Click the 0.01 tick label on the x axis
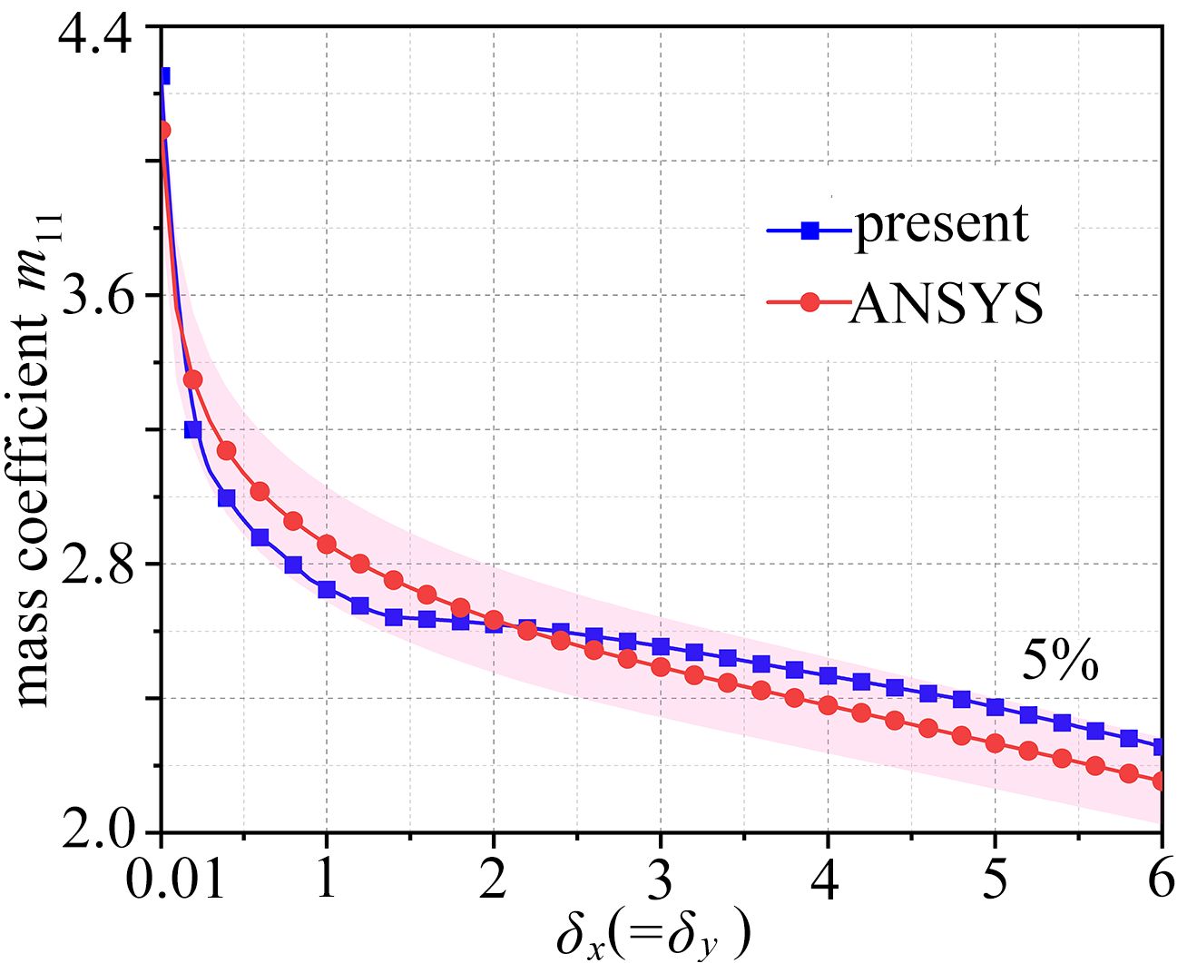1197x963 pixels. [174, 878]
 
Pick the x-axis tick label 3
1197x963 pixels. [661, 878]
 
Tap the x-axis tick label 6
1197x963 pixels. [1161, 878]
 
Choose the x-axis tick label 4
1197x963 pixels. [828, 878]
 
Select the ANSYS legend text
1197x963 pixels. [947, 304]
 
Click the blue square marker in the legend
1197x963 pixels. [810, 231]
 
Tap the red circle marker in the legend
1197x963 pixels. [810, 302]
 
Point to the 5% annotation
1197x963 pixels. [1060, 663]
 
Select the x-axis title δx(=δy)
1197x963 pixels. [653, 935]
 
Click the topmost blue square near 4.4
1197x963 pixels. [163, 76]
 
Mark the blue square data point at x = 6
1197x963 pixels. [1161, 747]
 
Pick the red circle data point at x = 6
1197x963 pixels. [1161, 781]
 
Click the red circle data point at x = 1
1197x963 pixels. [327, 544]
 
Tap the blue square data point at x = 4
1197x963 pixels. [828, 676]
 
